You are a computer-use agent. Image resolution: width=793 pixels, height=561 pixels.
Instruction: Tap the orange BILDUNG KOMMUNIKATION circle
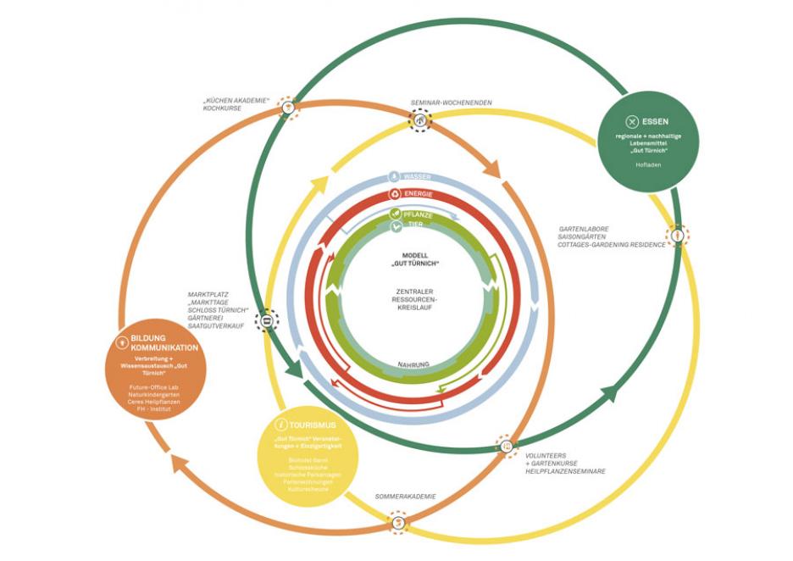(x=158, y=368)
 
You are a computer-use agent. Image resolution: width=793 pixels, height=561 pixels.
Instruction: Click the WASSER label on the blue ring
(x=416, y=177)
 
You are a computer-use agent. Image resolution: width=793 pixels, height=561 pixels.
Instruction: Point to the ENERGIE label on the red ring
(x=417, y=194)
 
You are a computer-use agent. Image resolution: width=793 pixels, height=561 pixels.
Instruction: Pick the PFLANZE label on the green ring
(x=416, y=215)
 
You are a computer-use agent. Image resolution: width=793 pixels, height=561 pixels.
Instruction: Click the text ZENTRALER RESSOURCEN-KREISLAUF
(x=415, y=301)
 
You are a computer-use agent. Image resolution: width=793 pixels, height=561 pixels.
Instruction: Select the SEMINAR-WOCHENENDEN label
(x=451, y=103)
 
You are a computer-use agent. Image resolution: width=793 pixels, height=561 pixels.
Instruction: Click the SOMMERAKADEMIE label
(x=406, y=497)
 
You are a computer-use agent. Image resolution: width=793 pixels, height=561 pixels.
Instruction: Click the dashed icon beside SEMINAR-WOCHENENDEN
(x=419, y=120)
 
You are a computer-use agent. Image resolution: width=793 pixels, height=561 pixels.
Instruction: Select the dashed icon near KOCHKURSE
(x=288, y=108)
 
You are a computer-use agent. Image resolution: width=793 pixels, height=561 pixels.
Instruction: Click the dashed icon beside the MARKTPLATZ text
(x=266, y=320)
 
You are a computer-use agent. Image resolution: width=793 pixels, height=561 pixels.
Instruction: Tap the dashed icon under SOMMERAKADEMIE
(x=397, y=524)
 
